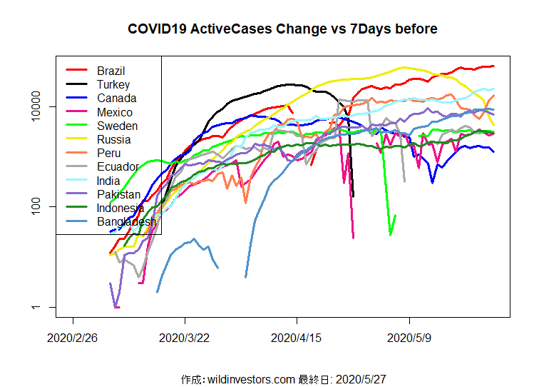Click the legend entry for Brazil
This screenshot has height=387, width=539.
pos(111,71)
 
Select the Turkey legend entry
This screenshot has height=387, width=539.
pos(113,84)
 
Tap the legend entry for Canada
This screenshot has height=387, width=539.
pos(116,99)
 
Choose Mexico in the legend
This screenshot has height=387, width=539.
pos(115,112)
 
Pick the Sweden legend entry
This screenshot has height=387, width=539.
pos(118,126)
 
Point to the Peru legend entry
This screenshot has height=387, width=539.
pos(109,154)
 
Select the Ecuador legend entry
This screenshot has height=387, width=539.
pos(117,167)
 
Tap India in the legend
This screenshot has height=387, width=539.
pos(109,181)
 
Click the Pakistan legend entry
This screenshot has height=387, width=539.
pos(119,194)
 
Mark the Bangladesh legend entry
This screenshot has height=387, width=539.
pos(126,222)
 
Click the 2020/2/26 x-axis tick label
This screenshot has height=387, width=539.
pos(73,337)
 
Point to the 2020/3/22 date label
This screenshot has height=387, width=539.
pos(185,337)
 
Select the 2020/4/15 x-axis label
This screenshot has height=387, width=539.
pos(297,337)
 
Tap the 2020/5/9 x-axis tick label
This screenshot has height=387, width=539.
pos(409,337)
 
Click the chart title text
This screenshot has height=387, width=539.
pos(282,29)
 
